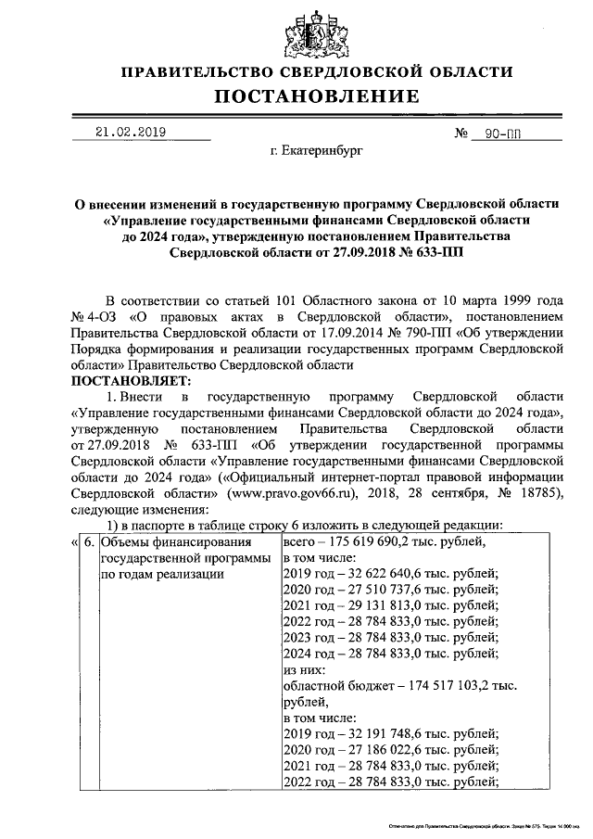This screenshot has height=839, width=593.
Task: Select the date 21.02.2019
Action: pos(131,132)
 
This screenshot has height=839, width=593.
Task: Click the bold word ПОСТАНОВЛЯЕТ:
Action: pos(130,380)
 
